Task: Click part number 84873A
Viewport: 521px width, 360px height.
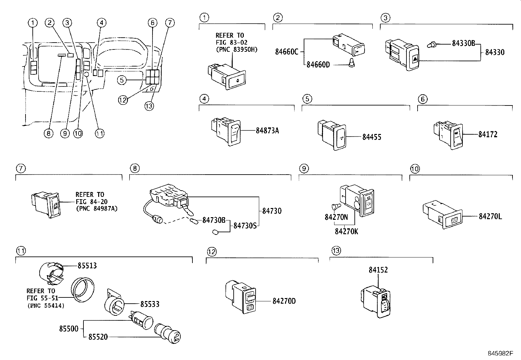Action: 267,131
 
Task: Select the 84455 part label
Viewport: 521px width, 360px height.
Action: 371,137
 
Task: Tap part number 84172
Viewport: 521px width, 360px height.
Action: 488,134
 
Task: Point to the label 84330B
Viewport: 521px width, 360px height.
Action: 463,43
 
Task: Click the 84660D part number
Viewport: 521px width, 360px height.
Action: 318,65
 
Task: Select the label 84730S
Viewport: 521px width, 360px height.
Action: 244,225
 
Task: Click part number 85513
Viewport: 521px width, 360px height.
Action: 87,265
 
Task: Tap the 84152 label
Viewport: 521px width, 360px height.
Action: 378,270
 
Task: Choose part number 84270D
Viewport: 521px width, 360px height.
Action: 284,301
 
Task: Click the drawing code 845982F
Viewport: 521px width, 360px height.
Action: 499,353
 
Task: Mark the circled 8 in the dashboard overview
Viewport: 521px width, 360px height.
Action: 48,133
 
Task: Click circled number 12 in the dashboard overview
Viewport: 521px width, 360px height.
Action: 123,100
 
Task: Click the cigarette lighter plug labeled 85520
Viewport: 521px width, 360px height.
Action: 169,333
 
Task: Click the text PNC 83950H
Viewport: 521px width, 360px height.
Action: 237,49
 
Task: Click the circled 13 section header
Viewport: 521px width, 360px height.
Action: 336,251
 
